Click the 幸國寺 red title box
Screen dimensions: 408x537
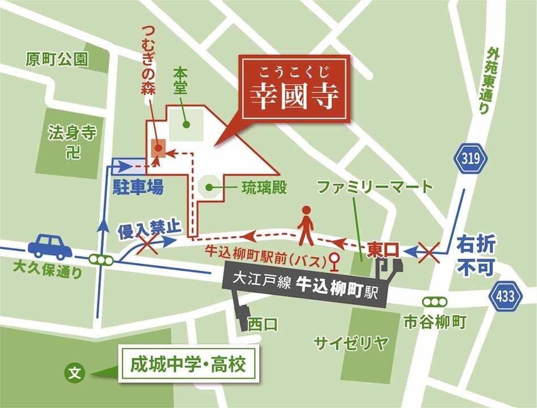tap(295, 90)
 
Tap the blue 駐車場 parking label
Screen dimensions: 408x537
tap(138, 187)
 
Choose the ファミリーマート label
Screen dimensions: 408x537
tap(374, 186)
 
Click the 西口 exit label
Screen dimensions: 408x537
tap(263, 324)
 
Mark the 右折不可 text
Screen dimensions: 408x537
tap(476, 255)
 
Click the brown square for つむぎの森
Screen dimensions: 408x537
tap(158, 148)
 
